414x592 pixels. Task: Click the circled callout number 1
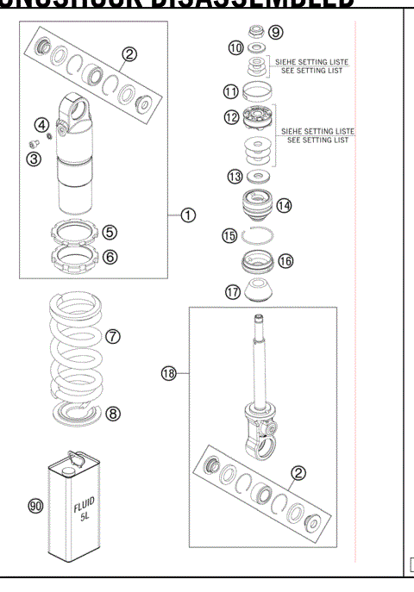[188, 216]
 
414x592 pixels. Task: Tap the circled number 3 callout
[33, 159]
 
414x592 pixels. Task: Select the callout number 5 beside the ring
[110, 232]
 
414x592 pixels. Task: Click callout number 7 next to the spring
[112, 337]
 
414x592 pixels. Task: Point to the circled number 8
[112, 413]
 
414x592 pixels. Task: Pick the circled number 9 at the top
[275, 32]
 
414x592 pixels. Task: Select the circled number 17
[233, 292]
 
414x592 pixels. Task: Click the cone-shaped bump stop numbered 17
[256, 291]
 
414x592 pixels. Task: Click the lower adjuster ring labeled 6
[74, 258]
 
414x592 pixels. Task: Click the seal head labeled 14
[255, 208]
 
